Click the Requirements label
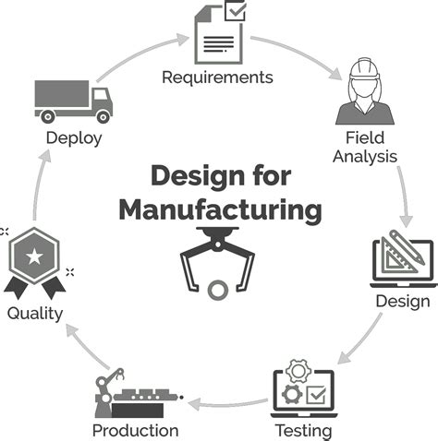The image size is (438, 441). [x=217, y=77]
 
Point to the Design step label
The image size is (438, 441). [x=402, y=301]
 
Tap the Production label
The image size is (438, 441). [x=135, y=430]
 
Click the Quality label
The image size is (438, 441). [x=34, y=314]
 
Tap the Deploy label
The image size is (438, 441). [x=73, y=138]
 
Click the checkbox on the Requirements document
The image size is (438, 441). [x=236, y=12]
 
